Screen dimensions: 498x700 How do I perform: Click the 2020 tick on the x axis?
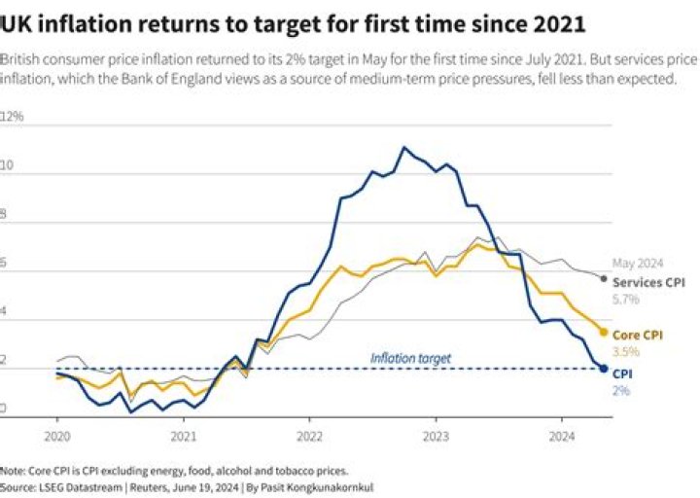[56, 438]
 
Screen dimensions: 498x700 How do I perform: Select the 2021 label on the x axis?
[184, 438]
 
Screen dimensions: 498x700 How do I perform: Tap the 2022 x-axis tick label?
[309, 438]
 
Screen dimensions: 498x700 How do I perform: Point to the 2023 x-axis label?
[436, 438]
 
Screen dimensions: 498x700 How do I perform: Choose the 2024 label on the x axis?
[562, 438]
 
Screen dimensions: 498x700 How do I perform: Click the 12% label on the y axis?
[13, 117]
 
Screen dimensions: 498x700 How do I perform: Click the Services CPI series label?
[648, 282]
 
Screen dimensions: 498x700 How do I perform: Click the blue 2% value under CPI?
[620, 390]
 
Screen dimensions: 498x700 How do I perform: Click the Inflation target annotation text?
[410, 358]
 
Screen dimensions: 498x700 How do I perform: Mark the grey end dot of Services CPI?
[604, 279]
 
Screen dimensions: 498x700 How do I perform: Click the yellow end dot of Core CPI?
[604, 333]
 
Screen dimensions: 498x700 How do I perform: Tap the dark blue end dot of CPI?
[604, 369]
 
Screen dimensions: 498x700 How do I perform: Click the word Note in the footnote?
[13, 469]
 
